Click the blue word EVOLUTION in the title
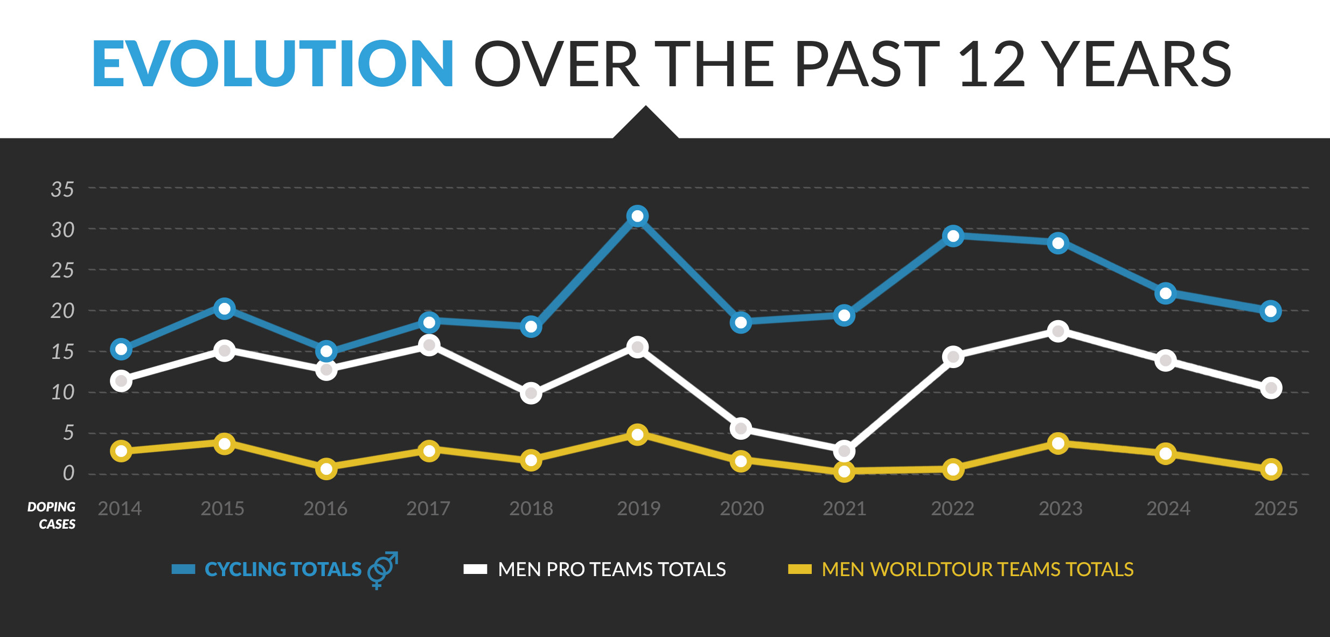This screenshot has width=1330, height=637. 273,64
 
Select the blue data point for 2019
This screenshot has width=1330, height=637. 637,216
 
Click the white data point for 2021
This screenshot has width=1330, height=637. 844,451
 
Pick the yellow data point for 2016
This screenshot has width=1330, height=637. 326,469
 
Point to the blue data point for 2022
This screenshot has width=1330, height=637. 953,236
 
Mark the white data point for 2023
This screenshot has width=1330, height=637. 1058,331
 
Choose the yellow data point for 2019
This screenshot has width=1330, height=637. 637,434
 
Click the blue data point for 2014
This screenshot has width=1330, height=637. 121,349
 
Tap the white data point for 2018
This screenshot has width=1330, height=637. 531,393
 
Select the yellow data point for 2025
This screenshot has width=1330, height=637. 1271,469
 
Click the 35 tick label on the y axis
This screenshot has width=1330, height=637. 62,190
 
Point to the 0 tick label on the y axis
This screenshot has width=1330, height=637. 68,473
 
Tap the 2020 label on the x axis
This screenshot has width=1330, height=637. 742,509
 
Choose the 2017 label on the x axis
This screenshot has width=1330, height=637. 428,509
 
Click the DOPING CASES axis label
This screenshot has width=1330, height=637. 52,515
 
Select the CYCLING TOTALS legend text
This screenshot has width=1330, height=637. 283,570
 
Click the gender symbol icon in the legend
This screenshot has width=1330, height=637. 382,570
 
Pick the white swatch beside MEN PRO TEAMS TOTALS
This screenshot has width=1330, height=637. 475,570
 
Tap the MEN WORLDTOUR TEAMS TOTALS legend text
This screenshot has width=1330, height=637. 977,570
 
